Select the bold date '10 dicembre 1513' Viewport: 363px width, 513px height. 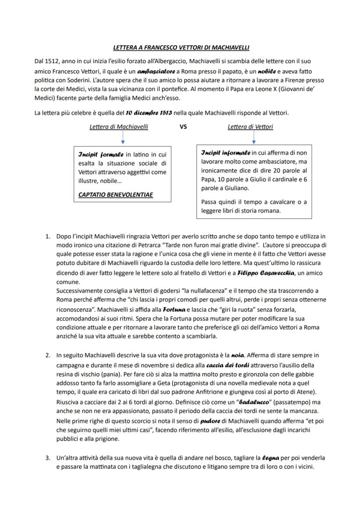click(149, 113)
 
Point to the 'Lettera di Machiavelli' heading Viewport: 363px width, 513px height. click(119, 127)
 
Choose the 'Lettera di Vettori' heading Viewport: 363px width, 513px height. click(250, 127)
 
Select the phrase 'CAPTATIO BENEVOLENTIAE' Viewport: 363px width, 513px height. click(116, 195)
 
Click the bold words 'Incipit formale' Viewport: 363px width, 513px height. click(101, 155)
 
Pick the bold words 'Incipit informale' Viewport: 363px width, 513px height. click(225, 153)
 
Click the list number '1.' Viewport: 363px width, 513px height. click(48, 237)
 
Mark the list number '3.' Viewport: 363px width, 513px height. click(48, 458)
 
